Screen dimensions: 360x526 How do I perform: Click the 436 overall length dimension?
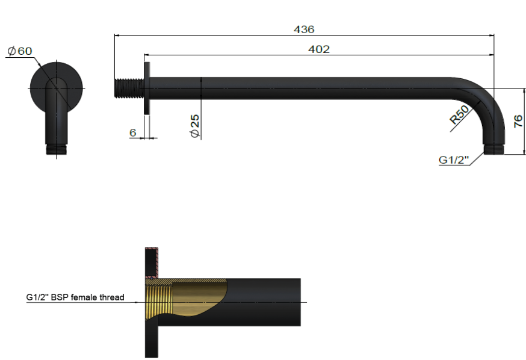[x=304, y=29]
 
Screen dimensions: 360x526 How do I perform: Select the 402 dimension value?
[x=318, y=49]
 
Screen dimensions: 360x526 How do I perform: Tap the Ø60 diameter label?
[x=20, y=51]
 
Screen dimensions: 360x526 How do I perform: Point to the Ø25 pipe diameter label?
[x=194, y=126]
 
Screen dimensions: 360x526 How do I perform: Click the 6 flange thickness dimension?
[x=132, y=132]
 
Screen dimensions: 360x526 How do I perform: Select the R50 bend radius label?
[x=460, y=115]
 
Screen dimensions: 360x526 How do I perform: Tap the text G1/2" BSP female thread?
[x=75, y=297]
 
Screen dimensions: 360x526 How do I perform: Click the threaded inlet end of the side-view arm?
[x=128, y=88]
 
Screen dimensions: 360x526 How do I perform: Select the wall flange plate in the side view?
[x=146, y=88]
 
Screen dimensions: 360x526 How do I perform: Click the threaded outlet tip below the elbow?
[x=492, y=149]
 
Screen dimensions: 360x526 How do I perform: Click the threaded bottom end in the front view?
[x=57, y=149]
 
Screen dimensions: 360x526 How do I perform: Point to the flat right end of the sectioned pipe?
[x=299, y=302]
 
